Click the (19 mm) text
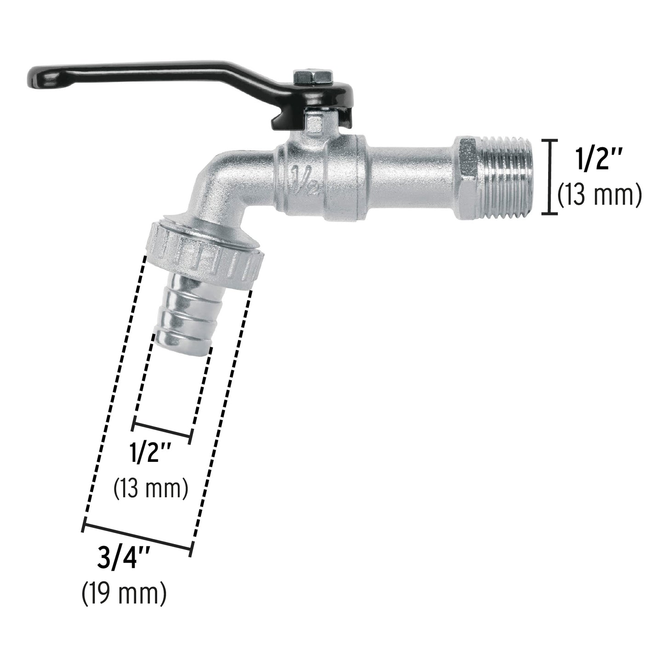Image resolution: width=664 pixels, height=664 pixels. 124,595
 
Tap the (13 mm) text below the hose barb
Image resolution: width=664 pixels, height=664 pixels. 151,489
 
